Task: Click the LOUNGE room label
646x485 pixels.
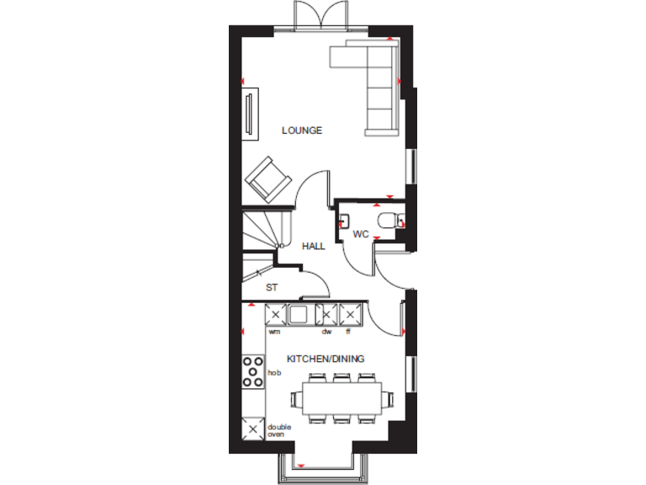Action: coord(302,131)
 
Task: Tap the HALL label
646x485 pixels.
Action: coord(314,246)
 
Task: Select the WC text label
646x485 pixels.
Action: coord(361,233)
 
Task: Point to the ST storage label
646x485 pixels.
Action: coord(272,287)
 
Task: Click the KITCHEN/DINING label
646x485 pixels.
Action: coord(326,359)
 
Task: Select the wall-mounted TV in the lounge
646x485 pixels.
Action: coord(249,115)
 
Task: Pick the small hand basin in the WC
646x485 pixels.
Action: coord(344,221)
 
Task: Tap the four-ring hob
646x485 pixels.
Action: coord(252,371)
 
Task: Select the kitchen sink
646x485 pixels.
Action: coord(299,315)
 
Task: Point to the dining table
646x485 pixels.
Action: coord(341,396)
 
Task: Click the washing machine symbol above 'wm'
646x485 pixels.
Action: coord(274,315)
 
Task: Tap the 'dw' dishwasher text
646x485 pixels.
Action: coord(326,332)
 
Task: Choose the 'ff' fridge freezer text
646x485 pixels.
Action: coord(348,332)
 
